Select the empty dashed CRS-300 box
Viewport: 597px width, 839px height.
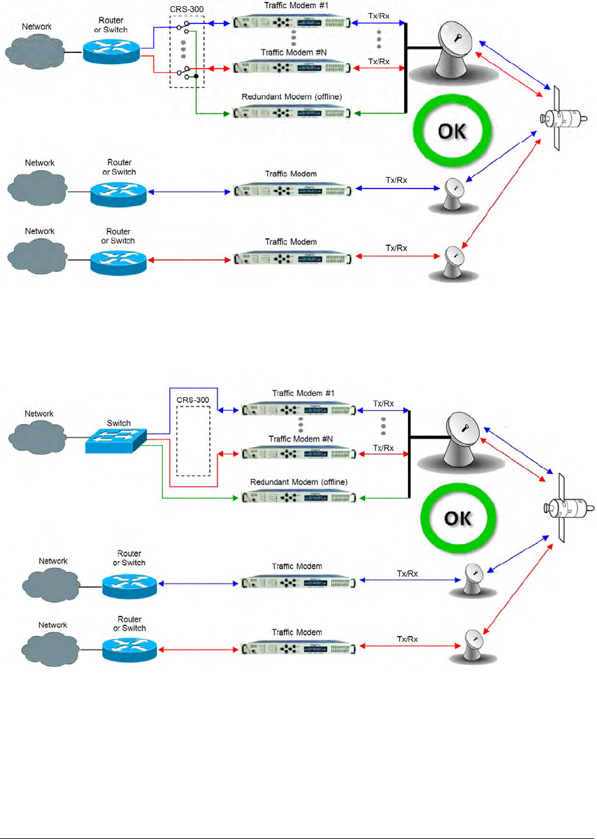[194, 441]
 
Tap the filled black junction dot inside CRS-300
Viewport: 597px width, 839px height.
[197, 76]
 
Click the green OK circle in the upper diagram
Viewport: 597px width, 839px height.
[451, 131]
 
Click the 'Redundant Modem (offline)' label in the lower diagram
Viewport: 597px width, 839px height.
[298, 482]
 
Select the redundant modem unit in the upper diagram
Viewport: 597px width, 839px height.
[291, 113]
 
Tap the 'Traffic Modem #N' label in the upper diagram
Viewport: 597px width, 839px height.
[294, 52]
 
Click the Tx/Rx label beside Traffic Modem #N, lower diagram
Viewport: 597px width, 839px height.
[383, 448]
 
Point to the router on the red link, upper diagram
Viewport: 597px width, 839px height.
[119, 262]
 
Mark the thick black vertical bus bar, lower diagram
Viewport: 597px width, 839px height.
[410, 454]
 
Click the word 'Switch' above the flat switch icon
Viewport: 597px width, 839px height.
[119, 423]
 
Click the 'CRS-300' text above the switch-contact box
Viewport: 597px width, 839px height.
[187, 9]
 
